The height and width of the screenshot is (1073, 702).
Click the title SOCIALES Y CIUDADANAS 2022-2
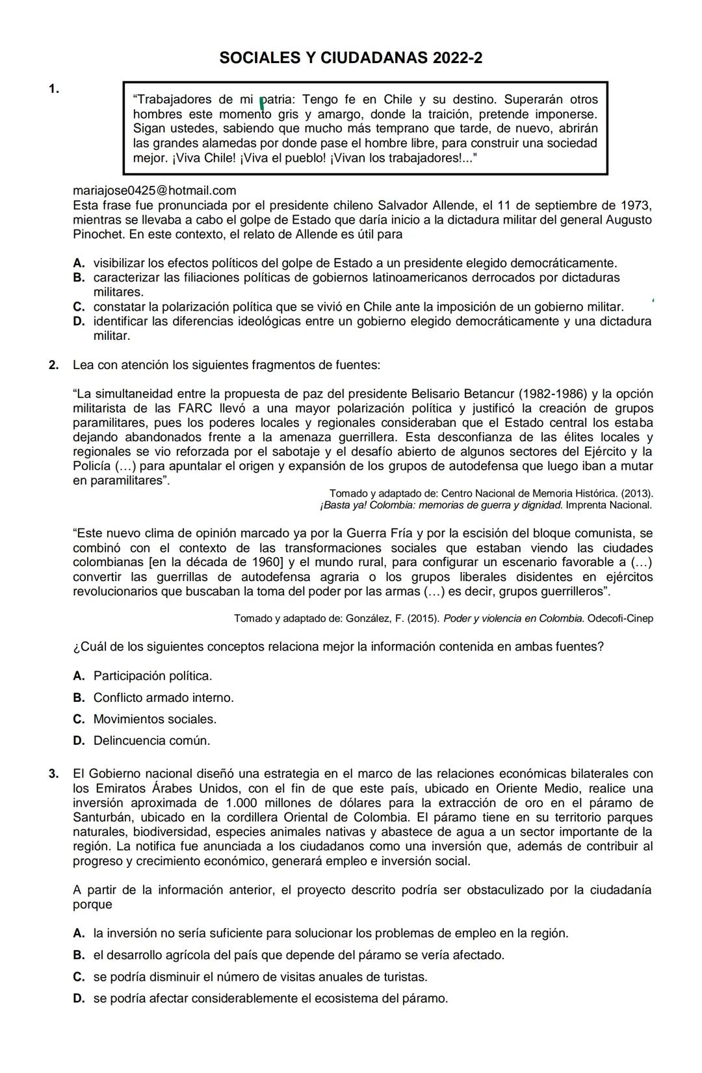point(351,58)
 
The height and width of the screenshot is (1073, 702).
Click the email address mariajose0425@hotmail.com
point(155,190)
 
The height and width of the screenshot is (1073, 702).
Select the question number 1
point(54,89)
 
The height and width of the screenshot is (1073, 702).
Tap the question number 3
point(54,774)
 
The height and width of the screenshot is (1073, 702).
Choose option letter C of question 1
point(79,307)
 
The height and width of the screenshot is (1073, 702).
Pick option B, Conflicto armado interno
point(163,697)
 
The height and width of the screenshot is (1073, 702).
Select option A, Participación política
point(153,676)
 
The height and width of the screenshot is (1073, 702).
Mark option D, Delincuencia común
point(151,740)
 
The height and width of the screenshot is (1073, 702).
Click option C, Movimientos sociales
point(155,719)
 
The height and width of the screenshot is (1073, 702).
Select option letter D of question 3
point(79,998)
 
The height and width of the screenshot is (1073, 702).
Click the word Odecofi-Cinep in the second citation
point(620,618)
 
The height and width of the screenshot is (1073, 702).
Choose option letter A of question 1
point(79,263)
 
